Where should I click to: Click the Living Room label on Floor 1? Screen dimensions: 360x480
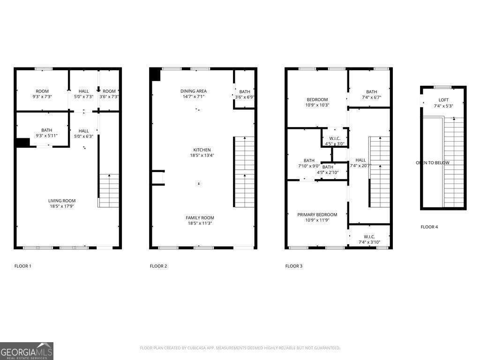pyautogui.click(x=62, y=201)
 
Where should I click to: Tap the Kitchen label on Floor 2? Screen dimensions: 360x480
pyautogui.click(x=202, y=150)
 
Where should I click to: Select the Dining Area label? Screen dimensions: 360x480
pyautogui.click(x=194, y=91)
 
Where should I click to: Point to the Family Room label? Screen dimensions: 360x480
pyautogui.click(x=200, y=218)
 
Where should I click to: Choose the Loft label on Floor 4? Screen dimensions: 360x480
pyautogui.click(x=443, y=100)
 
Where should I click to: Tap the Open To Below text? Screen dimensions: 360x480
pyautogui.click(x=432, y=163)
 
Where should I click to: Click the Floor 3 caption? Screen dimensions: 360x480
pyautogui.click(x=294, y=266)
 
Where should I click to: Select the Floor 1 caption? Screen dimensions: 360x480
pyautogui.click(x=22, y=266)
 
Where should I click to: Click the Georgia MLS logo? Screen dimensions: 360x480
pyautogui.click(x=27, y=351)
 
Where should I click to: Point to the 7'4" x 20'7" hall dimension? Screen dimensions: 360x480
pyautogui.click(x=360, y=166)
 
